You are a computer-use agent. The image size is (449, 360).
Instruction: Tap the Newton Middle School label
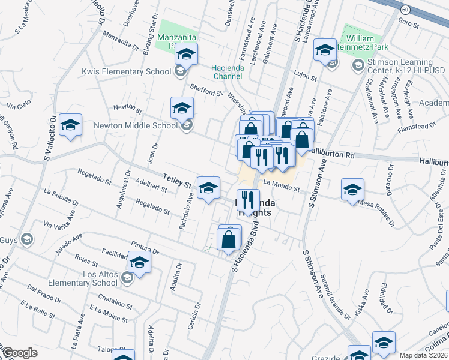coord(136,126)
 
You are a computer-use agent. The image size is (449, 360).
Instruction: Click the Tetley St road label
coord(176,179)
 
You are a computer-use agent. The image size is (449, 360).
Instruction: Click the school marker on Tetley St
coord(208,188)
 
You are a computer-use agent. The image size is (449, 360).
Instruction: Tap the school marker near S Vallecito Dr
coord(71,125)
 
